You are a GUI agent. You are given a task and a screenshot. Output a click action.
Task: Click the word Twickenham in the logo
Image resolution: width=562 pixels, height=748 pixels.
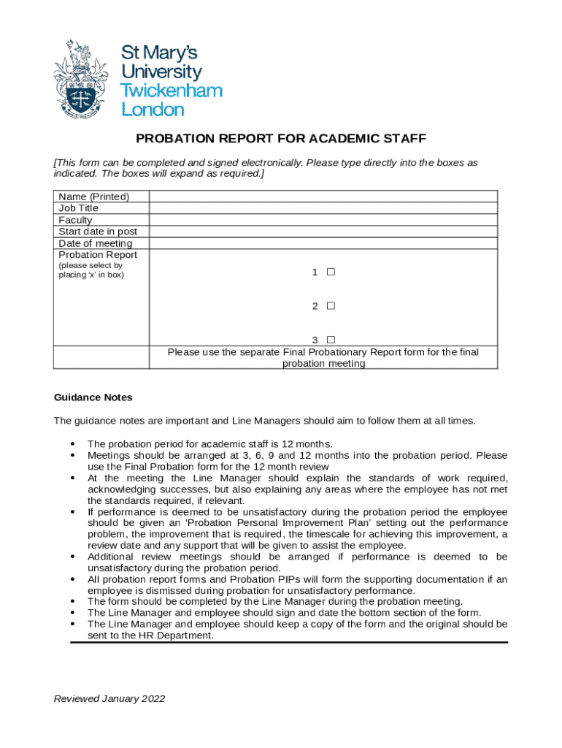171,91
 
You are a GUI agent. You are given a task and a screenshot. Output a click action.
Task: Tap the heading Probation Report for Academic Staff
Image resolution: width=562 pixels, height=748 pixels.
281,139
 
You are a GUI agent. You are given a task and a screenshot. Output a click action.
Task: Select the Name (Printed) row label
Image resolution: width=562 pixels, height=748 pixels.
93,196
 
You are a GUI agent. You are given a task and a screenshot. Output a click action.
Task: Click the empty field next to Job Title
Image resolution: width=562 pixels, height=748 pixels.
323,208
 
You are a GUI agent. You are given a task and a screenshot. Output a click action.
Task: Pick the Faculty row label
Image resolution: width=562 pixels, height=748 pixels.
75,220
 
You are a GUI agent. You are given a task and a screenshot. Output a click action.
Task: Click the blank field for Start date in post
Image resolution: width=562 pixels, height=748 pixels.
323,232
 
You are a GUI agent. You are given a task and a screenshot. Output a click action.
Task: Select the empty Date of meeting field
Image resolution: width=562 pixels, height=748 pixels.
323,243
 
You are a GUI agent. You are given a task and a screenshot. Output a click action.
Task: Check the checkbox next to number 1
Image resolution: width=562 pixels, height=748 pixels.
331,272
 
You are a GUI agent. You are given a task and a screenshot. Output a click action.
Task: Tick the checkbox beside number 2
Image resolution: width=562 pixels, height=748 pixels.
331,306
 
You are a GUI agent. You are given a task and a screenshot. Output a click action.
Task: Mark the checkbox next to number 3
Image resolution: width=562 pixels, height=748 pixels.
331,340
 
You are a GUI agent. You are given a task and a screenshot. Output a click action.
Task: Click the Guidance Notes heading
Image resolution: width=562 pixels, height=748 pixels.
93,397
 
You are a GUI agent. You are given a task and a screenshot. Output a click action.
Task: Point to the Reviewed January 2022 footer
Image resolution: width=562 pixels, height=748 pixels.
109,698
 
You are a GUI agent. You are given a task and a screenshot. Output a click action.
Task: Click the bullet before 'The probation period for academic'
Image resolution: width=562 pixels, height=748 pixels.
73,444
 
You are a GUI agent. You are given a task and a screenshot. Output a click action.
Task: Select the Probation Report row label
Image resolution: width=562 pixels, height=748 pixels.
98,255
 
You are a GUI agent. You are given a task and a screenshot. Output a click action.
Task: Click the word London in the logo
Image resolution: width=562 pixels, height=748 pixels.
153,110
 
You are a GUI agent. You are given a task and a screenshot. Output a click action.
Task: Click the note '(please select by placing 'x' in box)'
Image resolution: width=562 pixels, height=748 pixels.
91,270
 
